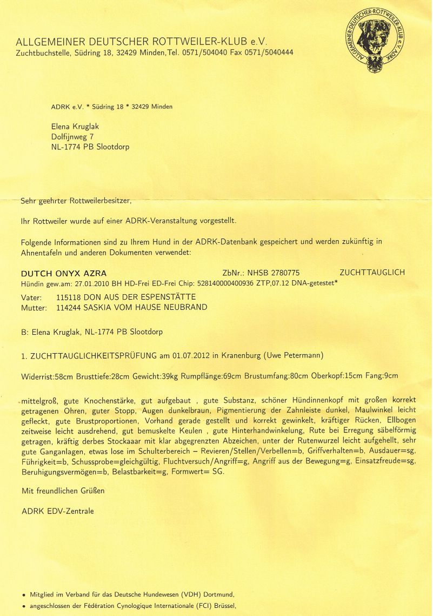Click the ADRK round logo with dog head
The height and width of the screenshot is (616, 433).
(x=376, y=42)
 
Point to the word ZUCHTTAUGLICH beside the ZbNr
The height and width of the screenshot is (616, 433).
(x=372, y=273)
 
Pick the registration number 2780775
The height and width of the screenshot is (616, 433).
(x=281, y=273)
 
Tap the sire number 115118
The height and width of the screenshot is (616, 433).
(x=68, y=297)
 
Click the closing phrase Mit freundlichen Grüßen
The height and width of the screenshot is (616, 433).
(x=63, y=491)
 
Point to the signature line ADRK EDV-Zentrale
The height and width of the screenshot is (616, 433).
(x=57, y=511)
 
